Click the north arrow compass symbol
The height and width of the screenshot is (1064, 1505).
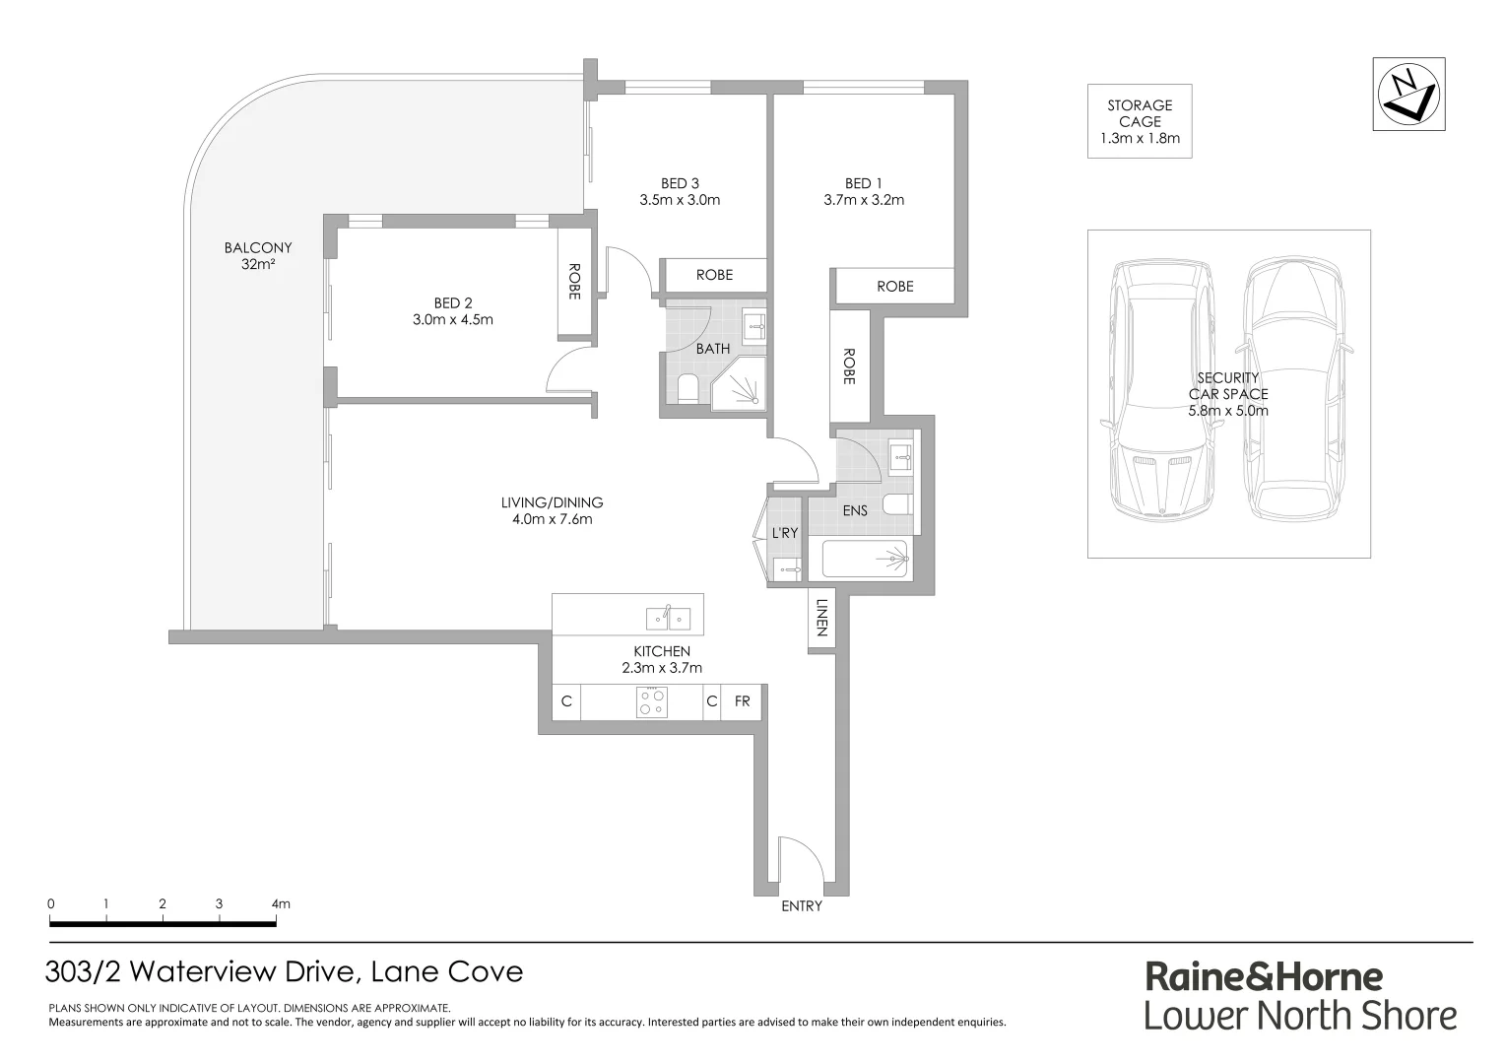pyautogui.click(x=1408, y=94)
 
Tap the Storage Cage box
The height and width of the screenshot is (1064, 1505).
pyautogui.click(x=1140, y=121)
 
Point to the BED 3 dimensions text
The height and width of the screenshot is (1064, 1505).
pyautogui.click(x=680, y=200)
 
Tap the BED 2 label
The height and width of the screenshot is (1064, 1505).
pyautogui.click(x=453, y=302)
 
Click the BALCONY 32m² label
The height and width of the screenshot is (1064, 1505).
pyautogui.click(x=258, y=256)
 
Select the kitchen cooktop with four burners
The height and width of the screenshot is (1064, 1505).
pyautogui.click(x=651, y=702)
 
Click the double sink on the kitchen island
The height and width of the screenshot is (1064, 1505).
pyautogui.click(x=669, y=618)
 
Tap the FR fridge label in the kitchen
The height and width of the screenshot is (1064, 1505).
pyautogui.click(x=742, y=701)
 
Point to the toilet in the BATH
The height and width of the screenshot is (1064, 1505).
pyautogui.click(x=687, y=390)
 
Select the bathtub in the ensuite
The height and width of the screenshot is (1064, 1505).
pyautogui.click(x=866, y=560)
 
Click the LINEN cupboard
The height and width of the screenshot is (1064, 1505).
pyautogui.click(x=821, y=619)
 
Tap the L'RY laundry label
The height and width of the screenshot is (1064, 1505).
pyautogui.click(x=784, y=533)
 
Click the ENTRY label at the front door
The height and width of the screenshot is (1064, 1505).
pyautogui.click(x=801, y=906)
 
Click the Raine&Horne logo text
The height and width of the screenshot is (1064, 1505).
pyautogui.click(x=1264, y=976)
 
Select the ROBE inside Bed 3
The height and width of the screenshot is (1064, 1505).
pyautogui.click(x=714, y=275)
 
